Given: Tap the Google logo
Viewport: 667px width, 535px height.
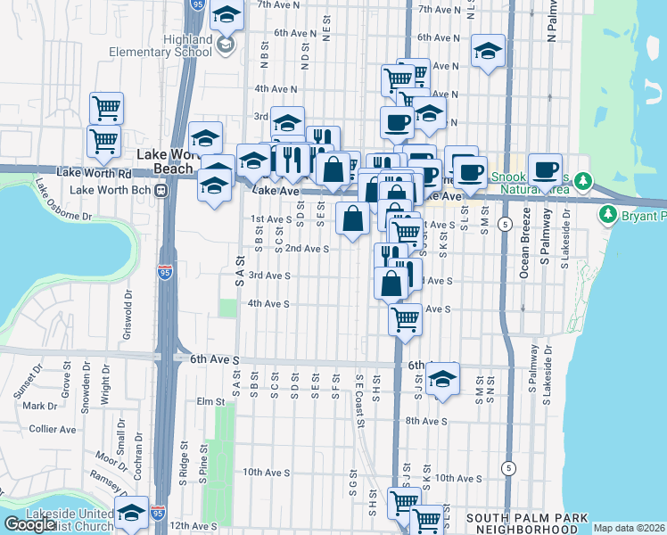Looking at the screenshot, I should pos(29,524).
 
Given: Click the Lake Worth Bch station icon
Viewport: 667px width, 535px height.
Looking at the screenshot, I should pos(161,190).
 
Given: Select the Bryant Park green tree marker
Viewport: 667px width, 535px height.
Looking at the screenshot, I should pos(608,215).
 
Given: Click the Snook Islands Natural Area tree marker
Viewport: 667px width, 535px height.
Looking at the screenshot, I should pos(583,182).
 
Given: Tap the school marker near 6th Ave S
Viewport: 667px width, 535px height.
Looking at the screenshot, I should pos(442,378).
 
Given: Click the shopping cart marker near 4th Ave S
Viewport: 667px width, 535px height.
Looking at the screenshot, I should pos(406,317).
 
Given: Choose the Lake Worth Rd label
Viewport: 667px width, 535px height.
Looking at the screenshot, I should pos(87,171).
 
